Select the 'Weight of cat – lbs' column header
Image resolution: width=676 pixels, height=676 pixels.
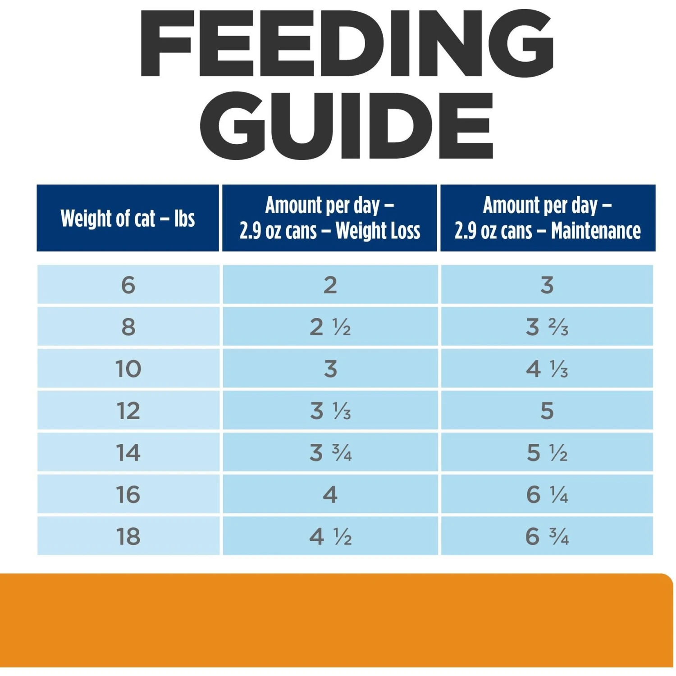coord(128,219)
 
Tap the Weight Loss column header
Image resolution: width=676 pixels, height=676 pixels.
coord(330,218)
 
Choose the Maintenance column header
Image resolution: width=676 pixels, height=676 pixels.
coord(548,218)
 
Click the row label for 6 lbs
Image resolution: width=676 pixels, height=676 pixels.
coord(128,285)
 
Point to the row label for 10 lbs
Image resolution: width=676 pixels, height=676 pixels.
coord(128,369)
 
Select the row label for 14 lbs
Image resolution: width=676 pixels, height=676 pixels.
coord(128,452)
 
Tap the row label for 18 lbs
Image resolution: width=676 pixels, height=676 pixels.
coord(128,536)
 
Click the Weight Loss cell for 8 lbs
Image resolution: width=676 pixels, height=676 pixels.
coord(330,327)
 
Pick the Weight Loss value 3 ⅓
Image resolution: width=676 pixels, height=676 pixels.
coord(330,411)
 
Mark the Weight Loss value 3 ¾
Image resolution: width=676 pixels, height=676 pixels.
coord(330,452)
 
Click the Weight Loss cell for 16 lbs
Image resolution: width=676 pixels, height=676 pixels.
coord(330,495)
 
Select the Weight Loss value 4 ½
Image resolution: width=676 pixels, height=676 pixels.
coord(330,536)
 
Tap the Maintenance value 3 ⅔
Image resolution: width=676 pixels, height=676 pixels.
coord(547,327)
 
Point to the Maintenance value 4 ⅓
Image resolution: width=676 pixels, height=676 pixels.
coord(547,369)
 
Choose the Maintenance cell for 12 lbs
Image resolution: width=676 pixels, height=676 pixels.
coord(547,411)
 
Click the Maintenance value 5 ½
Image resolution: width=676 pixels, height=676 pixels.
coord(547,452)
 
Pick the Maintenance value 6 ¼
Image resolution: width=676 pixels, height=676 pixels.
coord(547,495)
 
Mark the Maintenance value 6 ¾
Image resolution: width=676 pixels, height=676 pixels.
coord(547,536)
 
